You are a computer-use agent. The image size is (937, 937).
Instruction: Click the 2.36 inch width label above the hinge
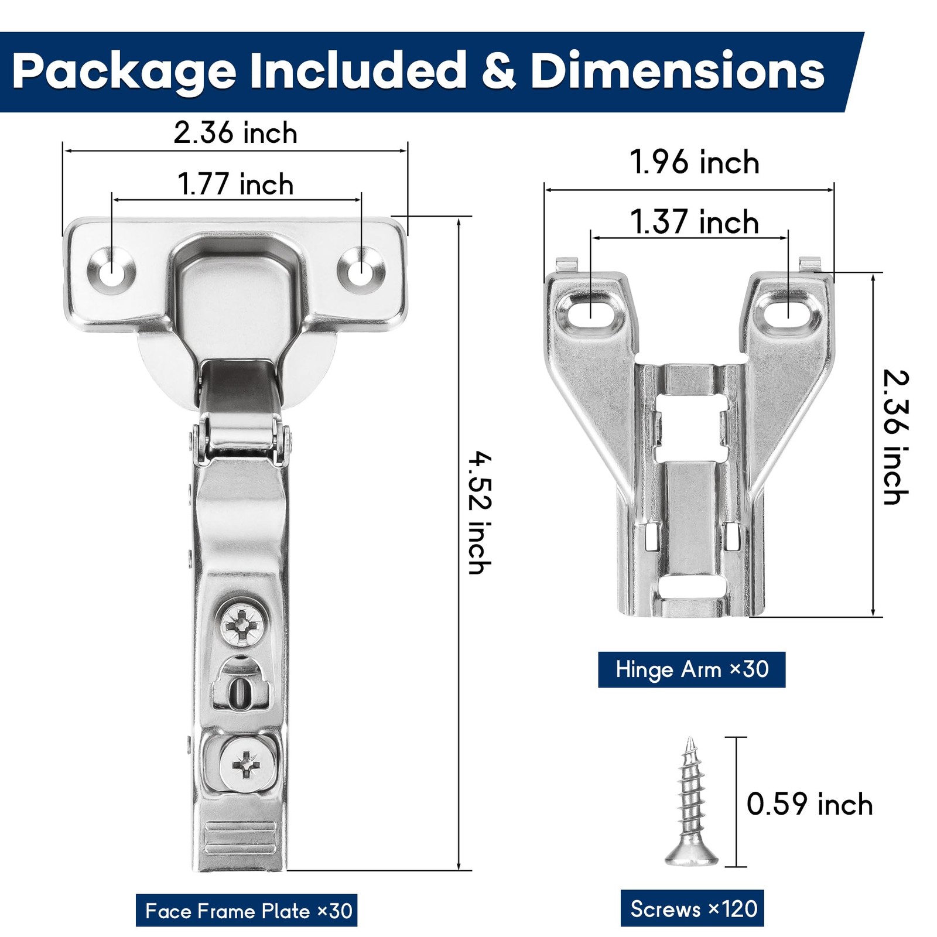235,132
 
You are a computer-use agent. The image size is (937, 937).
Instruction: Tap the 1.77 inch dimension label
235,184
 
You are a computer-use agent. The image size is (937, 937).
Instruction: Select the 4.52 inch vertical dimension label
480,512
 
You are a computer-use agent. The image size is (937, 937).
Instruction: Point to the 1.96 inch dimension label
695,162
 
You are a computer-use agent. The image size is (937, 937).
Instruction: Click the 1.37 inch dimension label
695,222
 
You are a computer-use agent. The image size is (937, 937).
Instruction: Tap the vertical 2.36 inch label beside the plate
895,437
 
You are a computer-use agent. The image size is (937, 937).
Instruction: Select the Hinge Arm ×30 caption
692,669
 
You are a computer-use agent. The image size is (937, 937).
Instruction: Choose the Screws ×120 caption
692,908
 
